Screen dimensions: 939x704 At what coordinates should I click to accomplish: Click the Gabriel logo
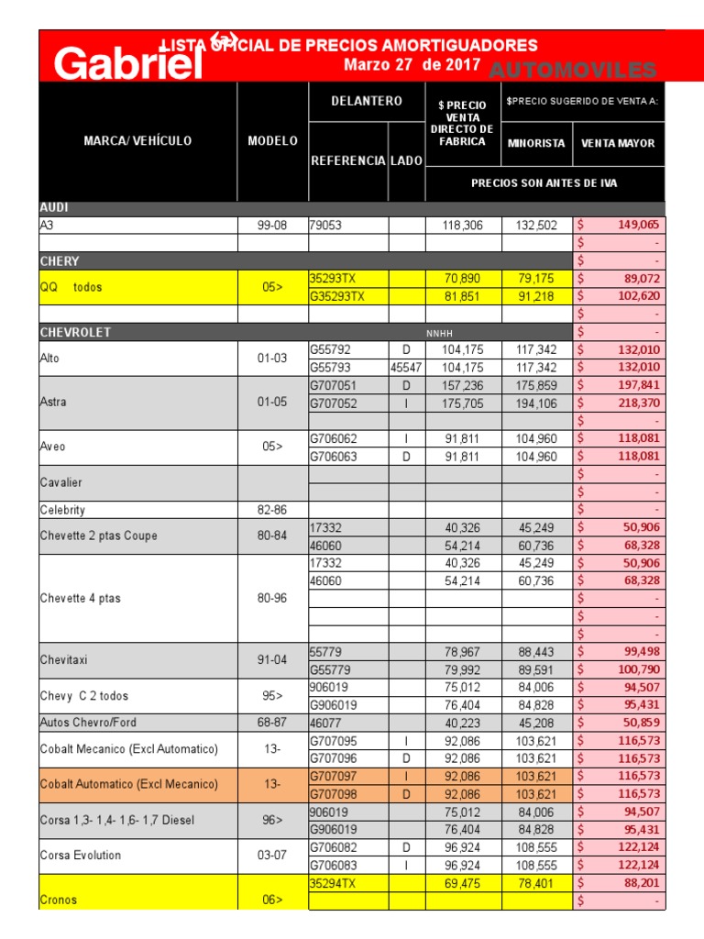[x=127, y=62]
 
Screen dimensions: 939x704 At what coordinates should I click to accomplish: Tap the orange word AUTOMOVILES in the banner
[x=572, y=71]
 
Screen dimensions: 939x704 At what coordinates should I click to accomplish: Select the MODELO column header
[x=272, y=141]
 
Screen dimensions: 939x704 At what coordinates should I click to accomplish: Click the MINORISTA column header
[x=537, y=143]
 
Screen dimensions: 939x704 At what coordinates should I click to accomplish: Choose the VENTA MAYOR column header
[x=619, y=143]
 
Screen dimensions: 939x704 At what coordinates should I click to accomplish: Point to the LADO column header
[x=406, y=160]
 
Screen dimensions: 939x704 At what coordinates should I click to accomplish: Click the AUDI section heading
[x=54, y=208]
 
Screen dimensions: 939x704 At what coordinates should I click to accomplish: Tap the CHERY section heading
[x=60, y=261]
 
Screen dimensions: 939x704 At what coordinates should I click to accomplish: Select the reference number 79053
[x=325, y=225]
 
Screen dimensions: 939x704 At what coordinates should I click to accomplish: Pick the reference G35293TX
[x=337, y=296]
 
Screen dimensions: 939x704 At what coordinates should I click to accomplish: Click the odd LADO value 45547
[x=405, y=367]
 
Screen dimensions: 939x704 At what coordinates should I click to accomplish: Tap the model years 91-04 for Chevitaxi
[x=273, y=658]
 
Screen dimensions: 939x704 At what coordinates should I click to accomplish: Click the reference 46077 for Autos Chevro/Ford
[x=325, y=723]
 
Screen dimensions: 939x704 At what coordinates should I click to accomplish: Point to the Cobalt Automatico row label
[x=129, y=784]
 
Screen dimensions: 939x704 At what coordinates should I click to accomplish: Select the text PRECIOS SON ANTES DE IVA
[x=544, y=183]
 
